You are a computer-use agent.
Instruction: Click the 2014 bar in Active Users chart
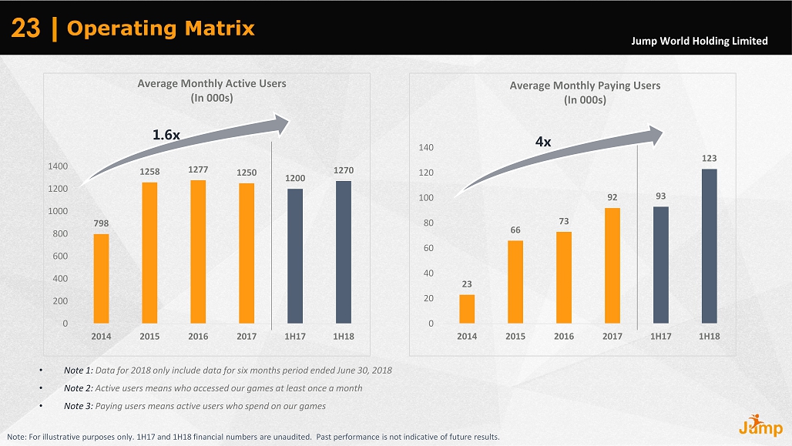[101, 278]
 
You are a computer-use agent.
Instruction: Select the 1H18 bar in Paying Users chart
[709, 246]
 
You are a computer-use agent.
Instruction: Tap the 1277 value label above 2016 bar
[198, 169]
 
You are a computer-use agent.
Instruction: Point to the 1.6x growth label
[166, 135]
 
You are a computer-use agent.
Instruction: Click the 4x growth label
[543, 142]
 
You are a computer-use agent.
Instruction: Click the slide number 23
[25, 29]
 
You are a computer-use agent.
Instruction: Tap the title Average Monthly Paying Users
[585, 86]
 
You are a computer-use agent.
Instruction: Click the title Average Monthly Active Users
[211, 83]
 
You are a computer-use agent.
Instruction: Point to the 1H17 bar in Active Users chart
[295, 256]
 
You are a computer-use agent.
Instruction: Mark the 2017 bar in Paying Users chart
[612, 265]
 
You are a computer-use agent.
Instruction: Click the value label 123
[709, 158]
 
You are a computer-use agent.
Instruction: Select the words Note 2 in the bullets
[78, 388]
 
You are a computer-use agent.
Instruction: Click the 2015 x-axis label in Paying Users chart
[515, 337]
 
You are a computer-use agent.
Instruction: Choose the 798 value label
[101, 223]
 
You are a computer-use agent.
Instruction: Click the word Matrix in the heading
[220, 29]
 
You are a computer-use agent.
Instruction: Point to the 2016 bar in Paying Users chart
[564, 277]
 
